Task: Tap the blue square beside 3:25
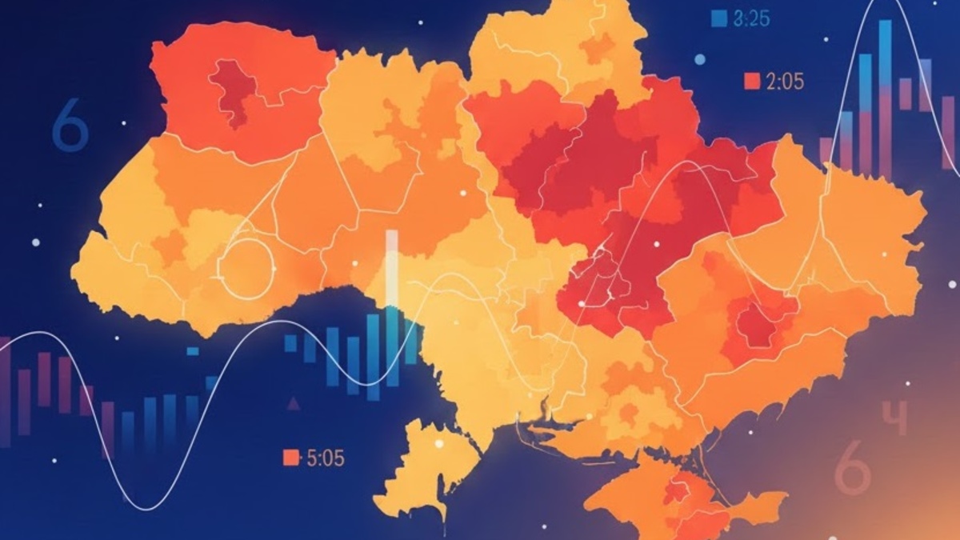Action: point(718,18)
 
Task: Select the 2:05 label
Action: point(784,81)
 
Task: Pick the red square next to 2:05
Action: point(752,81)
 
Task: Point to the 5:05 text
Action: point(325,458)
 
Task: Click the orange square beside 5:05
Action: point(291,458)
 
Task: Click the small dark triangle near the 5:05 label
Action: point(294,403)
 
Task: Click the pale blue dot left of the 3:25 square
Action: point(699,59)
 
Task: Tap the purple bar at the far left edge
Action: point(5,392)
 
